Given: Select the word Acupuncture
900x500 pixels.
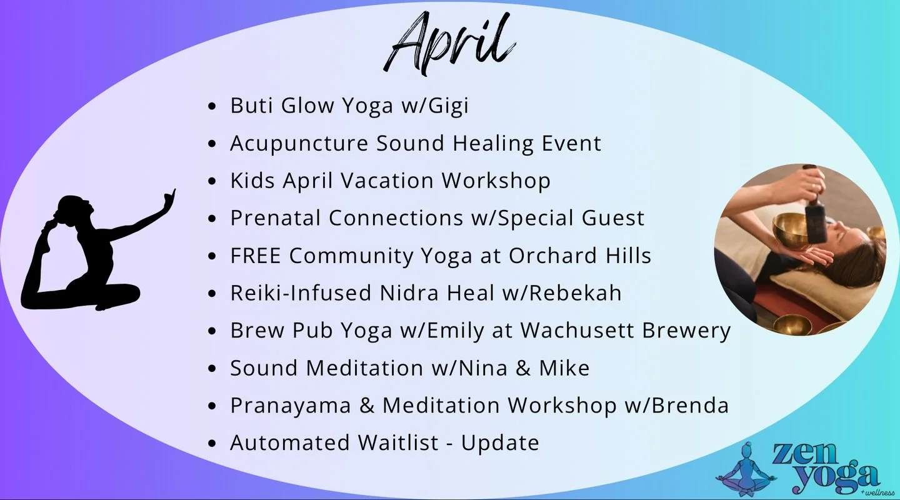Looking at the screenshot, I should point(299,143).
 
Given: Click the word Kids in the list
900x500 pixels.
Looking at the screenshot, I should point(252,181).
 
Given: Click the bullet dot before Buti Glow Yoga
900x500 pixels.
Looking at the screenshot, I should point(213,106).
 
